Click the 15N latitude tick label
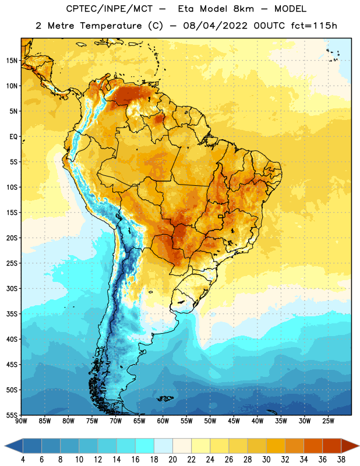click(12, 61)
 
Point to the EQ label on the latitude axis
click(13, 137)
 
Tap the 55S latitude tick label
click(12, 415)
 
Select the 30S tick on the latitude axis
click(12, 288)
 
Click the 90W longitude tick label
click(21, 421)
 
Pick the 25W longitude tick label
click(328, 421)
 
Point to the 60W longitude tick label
click(163, 421)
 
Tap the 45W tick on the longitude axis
click(234, 421)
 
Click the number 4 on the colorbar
click(23, 460)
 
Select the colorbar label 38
click(341, 460)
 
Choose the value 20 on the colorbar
click(172, 460)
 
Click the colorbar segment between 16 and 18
click(145, 446)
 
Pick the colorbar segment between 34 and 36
click(313, 446)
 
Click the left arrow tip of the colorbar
click(5, 446)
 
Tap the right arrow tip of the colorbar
click(359, 446)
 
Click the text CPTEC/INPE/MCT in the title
click(110, 9)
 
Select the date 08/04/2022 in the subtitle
click(215, 26)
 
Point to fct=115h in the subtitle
click(314, 26)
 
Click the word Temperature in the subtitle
click(111, 26)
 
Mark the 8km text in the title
click(243, 9)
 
